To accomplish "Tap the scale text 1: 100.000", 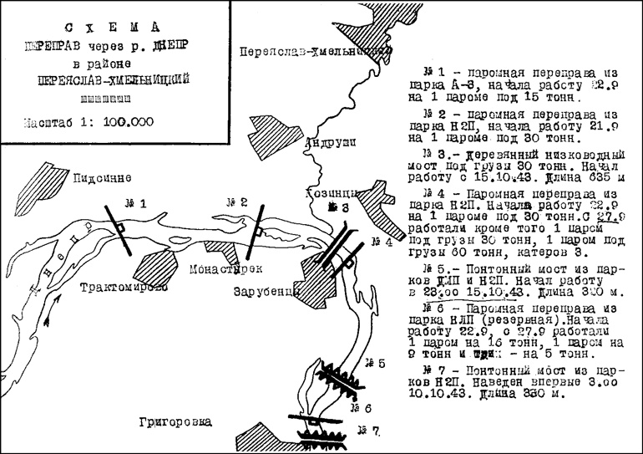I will (x=117, y=121).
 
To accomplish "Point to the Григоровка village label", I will (x=176, y=421).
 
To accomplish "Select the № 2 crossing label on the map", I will (x=237, y=201).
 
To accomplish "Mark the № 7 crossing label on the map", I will (x=368, y=431).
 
